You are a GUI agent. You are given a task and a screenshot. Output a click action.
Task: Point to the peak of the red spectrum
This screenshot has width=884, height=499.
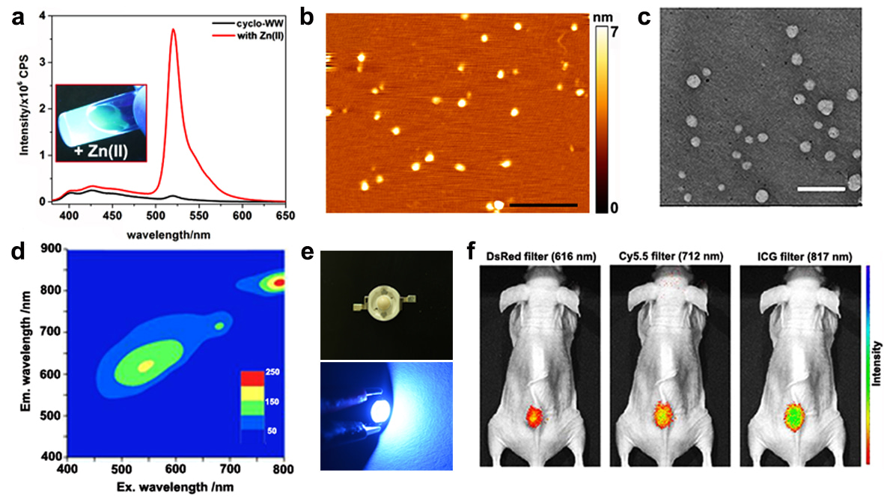(x=174, y=30)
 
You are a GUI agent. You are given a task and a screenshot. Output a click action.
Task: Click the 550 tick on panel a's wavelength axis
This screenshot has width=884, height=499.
(x=199, y=215)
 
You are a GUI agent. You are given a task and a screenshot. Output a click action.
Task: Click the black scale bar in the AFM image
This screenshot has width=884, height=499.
(x=543, y=204)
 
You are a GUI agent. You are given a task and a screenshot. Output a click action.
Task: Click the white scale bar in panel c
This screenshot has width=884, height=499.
(x=821, y=189)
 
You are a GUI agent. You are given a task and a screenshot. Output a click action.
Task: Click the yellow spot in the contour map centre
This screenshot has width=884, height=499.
(x=146, y=365)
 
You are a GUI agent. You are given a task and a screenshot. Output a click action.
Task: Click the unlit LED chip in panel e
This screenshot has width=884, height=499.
(x=385, y=307)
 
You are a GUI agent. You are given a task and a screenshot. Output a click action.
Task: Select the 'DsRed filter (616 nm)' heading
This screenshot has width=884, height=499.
(x=538, y=257)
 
